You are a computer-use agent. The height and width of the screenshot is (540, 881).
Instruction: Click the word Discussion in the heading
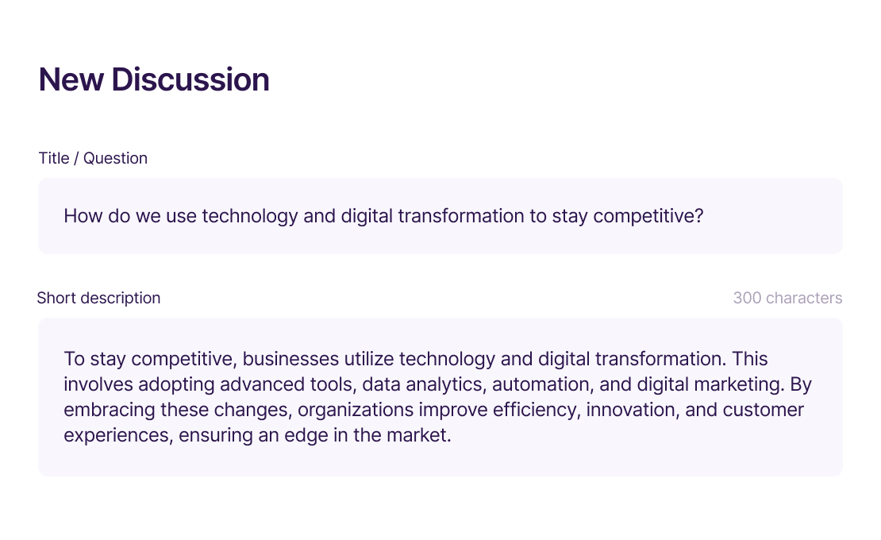pyautogui.click(x=190, y=79)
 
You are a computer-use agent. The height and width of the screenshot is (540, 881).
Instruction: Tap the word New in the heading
pyautogui.click(x=71, y=79)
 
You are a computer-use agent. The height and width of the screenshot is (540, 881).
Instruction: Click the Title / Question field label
pyautogui.click(x=93, y=159)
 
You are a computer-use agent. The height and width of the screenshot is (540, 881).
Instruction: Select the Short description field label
pyautogui.click(x=99, y=298)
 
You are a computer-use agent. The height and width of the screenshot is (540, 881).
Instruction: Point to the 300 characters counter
pyautogui.click(x=787, y=298)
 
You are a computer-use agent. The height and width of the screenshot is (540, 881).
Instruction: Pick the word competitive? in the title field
pyautogui.click(x=648, y=216)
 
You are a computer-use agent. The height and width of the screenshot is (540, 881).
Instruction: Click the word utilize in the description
pyautogui.click(x=369, y=359)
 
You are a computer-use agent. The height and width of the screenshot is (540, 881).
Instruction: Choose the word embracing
pyautogui.click(x=110, y=411)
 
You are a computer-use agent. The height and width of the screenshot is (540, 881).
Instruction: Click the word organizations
pyautogui.click(x=356, y=411)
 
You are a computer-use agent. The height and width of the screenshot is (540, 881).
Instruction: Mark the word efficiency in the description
pyautogui.click(x=537, y=411)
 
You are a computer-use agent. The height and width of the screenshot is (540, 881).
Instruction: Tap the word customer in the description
pyautogui.click(x=763, y=411)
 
